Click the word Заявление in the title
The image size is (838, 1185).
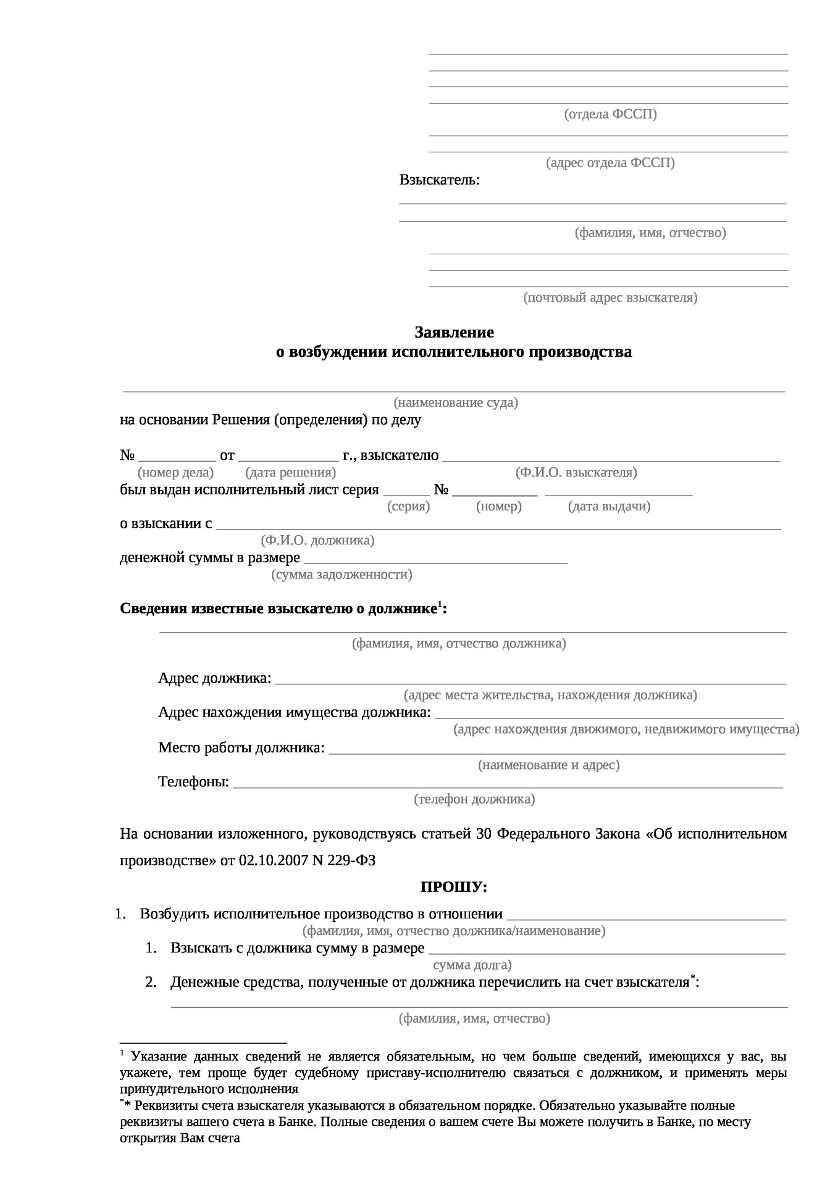click(454, 333)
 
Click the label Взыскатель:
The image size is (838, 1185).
click(439, 180)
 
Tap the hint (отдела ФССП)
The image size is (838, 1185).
click(610, 114)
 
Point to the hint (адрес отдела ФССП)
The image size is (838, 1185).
click(610, 163)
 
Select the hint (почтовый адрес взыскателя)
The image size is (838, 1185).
click(610, 297)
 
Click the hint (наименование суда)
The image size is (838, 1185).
click(456, 403)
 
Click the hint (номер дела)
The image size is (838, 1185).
click(175, 473)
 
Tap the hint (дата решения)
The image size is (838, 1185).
click(290, 473)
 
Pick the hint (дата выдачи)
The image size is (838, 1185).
click(609, 507)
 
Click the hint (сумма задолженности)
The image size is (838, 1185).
click(341, 575)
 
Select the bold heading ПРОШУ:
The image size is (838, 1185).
click(454, 888)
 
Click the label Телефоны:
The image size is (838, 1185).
click(193, 783)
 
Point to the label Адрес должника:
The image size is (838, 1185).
click(214, 678)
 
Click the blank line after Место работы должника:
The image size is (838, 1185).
click(556, 752)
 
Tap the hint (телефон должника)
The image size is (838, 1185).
click(474, 800)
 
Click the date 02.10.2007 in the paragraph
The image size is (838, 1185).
click(273, 860)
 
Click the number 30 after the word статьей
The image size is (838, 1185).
click(484, 834)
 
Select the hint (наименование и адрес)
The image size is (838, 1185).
click(548, 765)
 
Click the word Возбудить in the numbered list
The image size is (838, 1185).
click(175, 914)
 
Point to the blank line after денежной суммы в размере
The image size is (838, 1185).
click(435, 562)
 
